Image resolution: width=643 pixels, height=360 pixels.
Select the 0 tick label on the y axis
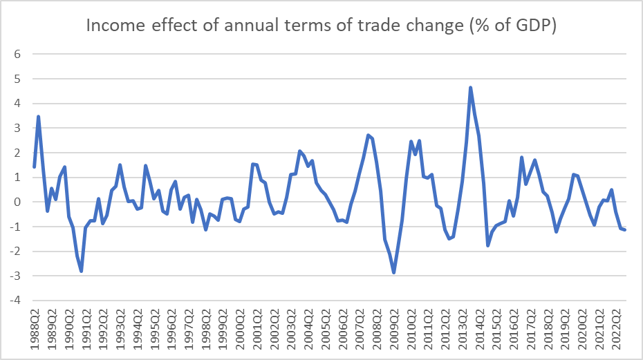17,202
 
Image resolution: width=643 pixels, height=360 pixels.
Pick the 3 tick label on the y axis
17,129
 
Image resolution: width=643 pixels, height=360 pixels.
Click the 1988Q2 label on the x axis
35,332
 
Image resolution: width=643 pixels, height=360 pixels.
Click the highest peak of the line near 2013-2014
470,88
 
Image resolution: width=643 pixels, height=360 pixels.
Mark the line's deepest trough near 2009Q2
394,272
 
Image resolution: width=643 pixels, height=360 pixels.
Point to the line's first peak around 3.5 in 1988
38,117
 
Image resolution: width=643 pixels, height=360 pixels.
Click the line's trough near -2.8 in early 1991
81,271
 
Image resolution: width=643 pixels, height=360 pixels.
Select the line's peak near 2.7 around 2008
369,135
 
